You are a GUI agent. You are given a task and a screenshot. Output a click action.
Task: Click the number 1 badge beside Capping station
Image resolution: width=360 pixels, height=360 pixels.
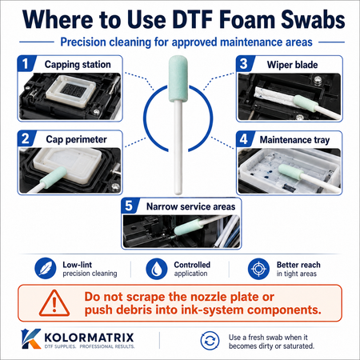(x=26, y=63)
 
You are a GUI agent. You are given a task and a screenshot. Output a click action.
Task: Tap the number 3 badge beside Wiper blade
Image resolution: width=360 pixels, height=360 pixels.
(x=244, y=64)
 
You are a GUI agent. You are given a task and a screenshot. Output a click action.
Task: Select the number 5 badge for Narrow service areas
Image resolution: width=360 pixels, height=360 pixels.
(x=129, y=206)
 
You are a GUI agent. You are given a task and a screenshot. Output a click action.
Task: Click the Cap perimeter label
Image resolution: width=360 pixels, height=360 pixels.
(x=76, y=139)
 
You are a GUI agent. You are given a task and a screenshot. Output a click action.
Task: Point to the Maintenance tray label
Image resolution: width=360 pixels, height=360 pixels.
(x=294, y=140)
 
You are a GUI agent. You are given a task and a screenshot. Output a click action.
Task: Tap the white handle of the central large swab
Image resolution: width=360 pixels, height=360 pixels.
(x=178, y=147)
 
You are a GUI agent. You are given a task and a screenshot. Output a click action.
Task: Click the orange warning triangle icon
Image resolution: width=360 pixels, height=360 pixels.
(x=54, y=303)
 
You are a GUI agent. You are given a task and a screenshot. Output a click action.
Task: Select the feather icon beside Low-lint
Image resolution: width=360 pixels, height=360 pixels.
(x=46, y=268)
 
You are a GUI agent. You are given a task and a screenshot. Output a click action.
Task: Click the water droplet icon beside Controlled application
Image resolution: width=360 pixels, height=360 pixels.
(x=157, y=269)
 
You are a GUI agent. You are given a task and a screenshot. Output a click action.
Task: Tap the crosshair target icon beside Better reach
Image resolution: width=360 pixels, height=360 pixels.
(x=258, y=269)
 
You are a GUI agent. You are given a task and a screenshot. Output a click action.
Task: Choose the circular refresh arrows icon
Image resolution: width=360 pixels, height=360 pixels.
(x=210, y=341)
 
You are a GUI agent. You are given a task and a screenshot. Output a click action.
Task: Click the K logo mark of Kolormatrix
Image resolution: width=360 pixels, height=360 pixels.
(x=31, y=338)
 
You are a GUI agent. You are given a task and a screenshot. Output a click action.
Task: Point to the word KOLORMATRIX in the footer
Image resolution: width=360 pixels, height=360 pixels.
(x=89, y=338)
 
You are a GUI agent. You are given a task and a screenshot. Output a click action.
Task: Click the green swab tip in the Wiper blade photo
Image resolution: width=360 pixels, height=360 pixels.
(x=306, y=102)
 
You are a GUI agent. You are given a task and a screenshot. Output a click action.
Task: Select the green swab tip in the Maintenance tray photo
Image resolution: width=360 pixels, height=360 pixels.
(x=290, y=171)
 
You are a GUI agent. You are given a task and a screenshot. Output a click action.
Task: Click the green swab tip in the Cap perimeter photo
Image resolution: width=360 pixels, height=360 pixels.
(x=53, y=177)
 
